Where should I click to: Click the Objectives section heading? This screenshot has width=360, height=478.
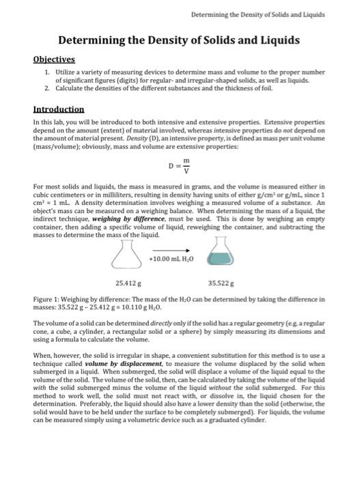56,59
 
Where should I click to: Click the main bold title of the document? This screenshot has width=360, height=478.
178,40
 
